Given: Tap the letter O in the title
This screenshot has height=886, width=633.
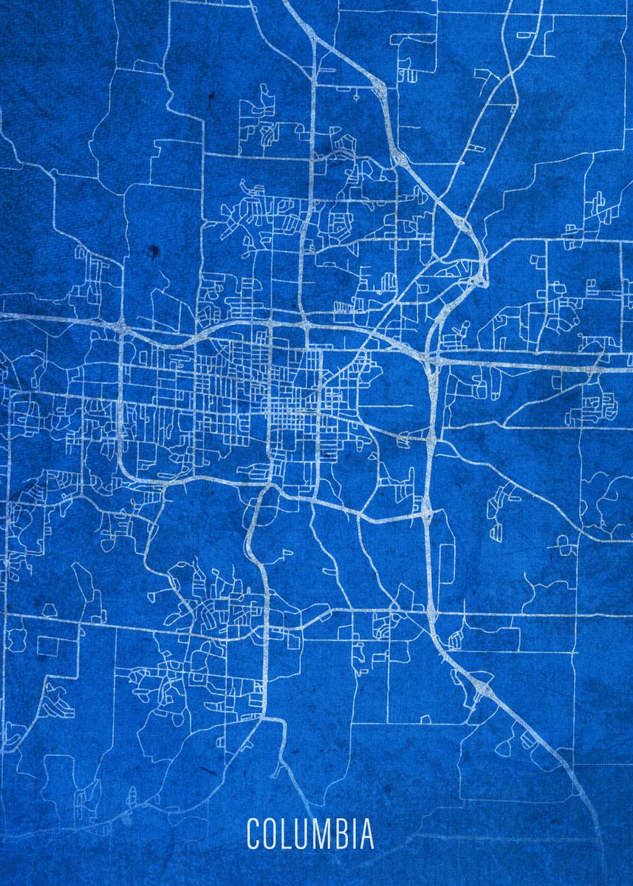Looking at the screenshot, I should tap(270, 834).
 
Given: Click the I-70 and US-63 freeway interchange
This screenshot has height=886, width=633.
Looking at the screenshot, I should tap(432, 360).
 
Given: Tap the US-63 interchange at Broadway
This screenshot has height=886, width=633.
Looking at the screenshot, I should tap(429, 436).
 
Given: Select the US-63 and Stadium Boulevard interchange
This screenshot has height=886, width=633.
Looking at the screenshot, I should tap(427, 509).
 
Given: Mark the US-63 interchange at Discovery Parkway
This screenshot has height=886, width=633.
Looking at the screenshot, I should tap(483, 691).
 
